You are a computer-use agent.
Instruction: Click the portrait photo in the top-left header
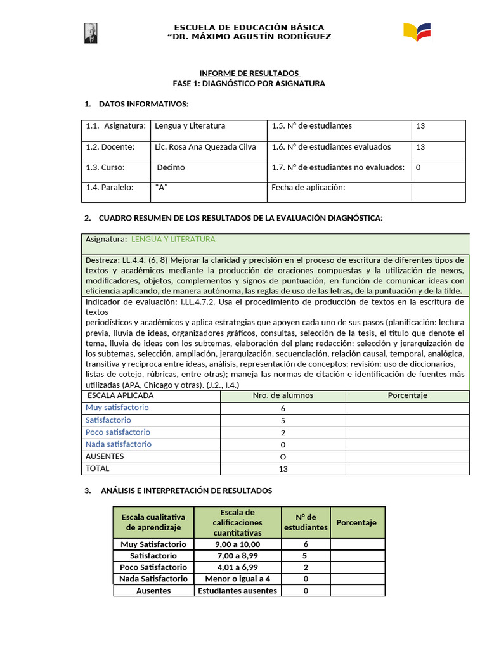91,34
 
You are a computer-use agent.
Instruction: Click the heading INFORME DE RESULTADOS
249,73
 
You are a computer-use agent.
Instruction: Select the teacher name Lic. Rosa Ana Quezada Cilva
205,147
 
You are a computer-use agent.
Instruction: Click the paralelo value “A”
161,188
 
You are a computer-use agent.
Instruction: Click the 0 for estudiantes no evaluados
419,168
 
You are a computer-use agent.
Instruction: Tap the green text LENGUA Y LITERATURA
173,240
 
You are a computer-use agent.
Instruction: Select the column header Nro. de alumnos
283,395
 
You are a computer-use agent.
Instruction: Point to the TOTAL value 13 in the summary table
283,469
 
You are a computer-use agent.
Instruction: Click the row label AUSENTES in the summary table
105,456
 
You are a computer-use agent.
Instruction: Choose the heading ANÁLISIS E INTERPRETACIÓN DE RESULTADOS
185,491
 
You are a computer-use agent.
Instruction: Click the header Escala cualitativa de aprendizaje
153,522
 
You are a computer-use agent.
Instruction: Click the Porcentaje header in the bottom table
356,523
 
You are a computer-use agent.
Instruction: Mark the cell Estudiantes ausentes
238,591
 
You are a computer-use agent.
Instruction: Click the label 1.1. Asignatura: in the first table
116,126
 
